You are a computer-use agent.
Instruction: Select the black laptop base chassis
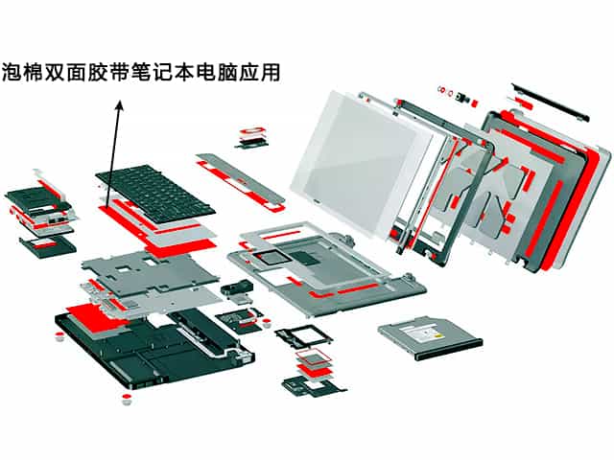(144, 345)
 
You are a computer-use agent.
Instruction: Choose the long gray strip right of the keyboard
(240, 177)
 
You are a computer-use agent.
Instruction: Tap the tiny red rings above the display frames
(447, 93)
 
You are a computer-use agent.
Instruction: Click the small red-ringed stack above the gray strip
(254, 134)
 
